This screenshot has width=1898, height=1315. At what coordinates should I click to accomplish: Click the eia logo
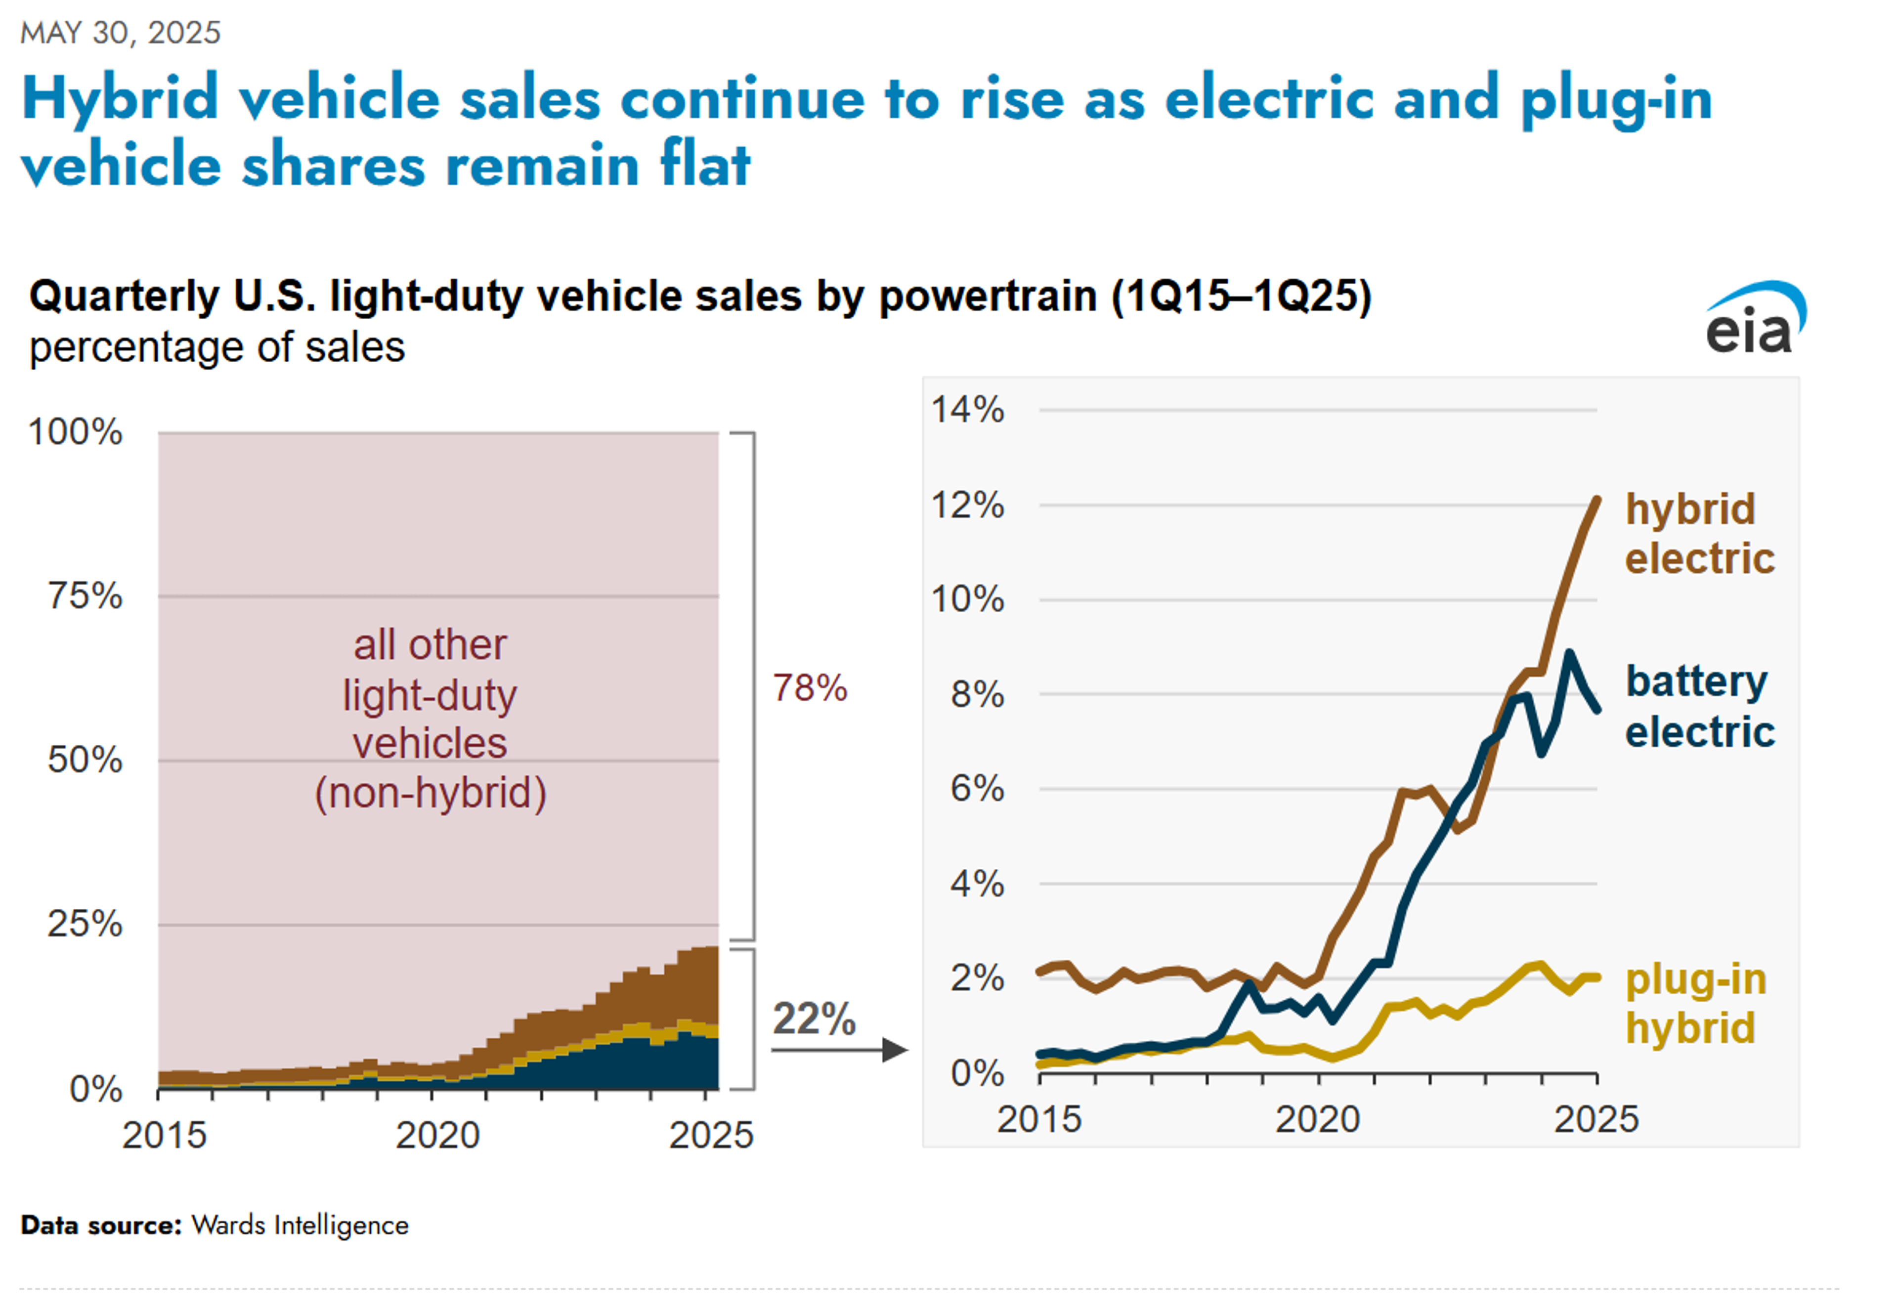1754,320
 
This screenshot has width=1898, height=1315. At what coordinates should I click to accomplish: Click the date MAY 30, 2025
120,33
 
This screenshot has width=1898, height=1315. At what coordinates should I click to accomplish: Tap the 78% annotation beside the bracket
809,688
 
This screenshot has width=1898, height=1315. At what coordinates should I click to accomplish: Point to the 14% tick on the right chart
968,410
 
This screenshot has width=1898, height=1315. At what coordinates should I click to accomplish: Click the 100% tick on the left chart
75,432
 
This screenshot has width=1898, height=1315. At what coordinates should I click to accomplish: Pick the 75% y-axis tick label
85,595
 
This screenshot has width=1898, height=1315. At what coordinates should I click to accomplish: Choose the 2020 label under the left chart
437,1136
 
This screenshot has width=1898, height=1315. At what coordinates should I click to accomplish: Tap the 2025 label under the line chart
1596,1119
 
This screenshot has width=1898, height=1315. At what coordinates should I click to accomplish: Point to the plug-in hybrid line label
1695,1004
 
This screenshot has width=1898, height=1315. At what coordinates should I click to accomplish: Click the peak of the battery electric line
1569,653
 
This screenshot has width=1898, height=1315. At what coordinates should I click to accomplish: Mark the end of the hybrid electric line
1597,499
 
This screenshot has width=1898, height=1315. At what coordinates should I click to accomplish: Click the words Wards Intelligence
300,1225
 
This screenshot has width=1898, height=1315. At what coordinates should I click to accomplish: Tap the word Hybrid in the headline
120,98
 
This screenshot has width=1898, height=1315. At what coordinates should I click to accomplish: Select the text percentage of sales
217,347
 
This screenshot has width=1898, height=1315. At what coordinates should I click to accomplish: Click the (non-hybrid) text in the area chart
430,793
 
